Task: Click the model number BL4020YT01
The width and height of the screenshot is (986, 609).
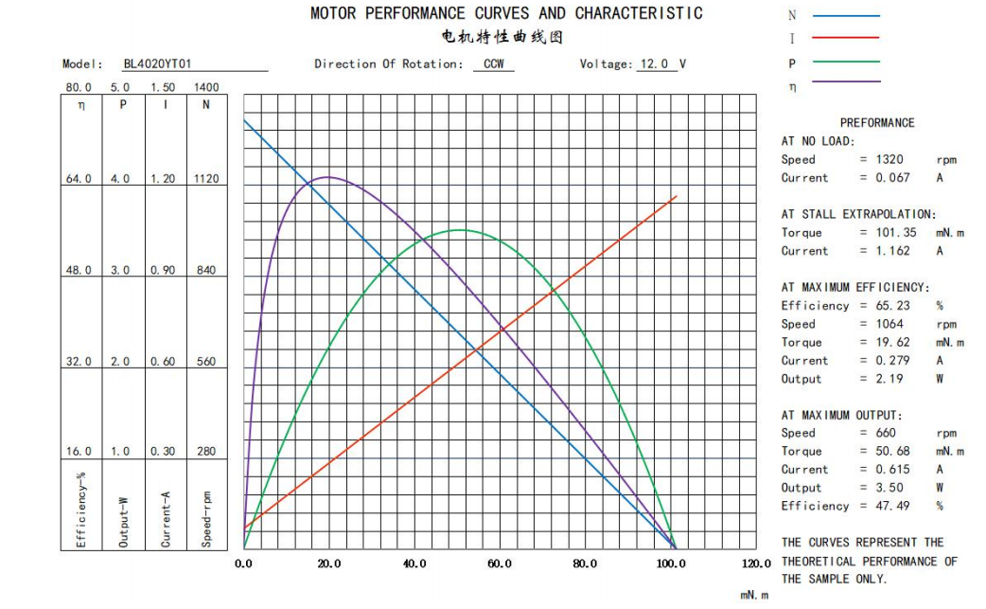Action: (x=157, y=64)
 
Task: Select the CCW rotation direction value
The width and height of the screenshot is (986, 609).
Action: (x=494, y=64)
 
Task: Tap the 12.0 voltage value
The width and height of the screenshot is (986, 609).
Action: (x=653, y=64)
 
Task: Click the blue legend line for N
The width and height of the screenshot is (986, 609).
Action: (x=846, y=16)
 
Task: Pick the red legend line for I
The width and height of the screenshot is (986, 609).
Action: (x=846, y=39)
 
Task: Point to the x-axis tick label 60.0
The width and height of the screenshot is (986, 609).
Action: (x=500, y=564)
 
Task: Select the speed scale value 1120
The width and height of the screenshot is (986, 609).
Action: (x=206, y=179)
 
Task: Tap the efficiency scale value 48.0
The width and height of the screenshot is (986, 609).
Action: (x=79, y=270)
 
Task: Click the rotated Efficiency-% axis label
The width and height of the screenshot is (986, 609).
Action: (x=81, y=509)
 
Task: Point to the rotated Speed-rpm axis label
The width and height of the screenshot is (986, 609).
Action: (x=206, y=518)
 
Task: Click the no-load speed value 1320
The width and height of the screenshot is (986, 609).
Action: (x=889, y=160)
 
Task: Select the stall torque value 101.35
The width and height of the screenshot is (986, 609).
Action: (x=894, y=233)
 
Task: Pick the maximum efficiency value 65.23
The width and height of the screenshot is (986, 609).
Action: (x=890, y=306)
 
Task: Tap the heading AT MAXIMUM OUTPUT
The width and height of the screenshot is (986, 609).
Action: (x=841, y=415)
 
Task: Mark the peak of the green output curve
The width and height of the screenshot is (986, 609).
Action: (x=460, y=230)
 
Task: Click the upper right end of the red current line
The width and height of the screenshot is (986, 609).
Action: (x=676, y=197)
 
